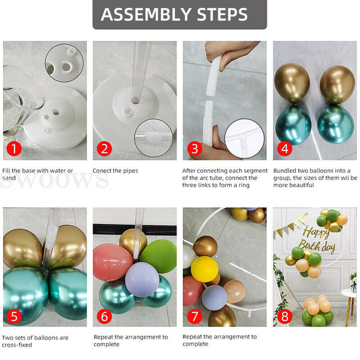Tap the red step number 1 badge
[x=13, y=148]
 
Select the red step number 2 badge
[x=104, y=148]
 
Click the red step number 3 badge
[x=194, y=148]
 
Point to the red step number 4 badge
[x=284, y=148]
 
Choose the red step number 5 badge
[x=13, y=315]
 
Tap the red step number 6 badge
[x=104, y=315]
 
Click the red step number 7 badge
[x=194, y=315]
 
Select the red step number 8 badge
[x=284, y=315]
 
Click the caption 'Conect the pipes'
[x=115, y=171]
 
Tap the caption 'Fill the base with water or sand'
[x=37, y=174]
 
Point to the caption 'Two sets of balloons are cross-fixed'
[x=35, y=341]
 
